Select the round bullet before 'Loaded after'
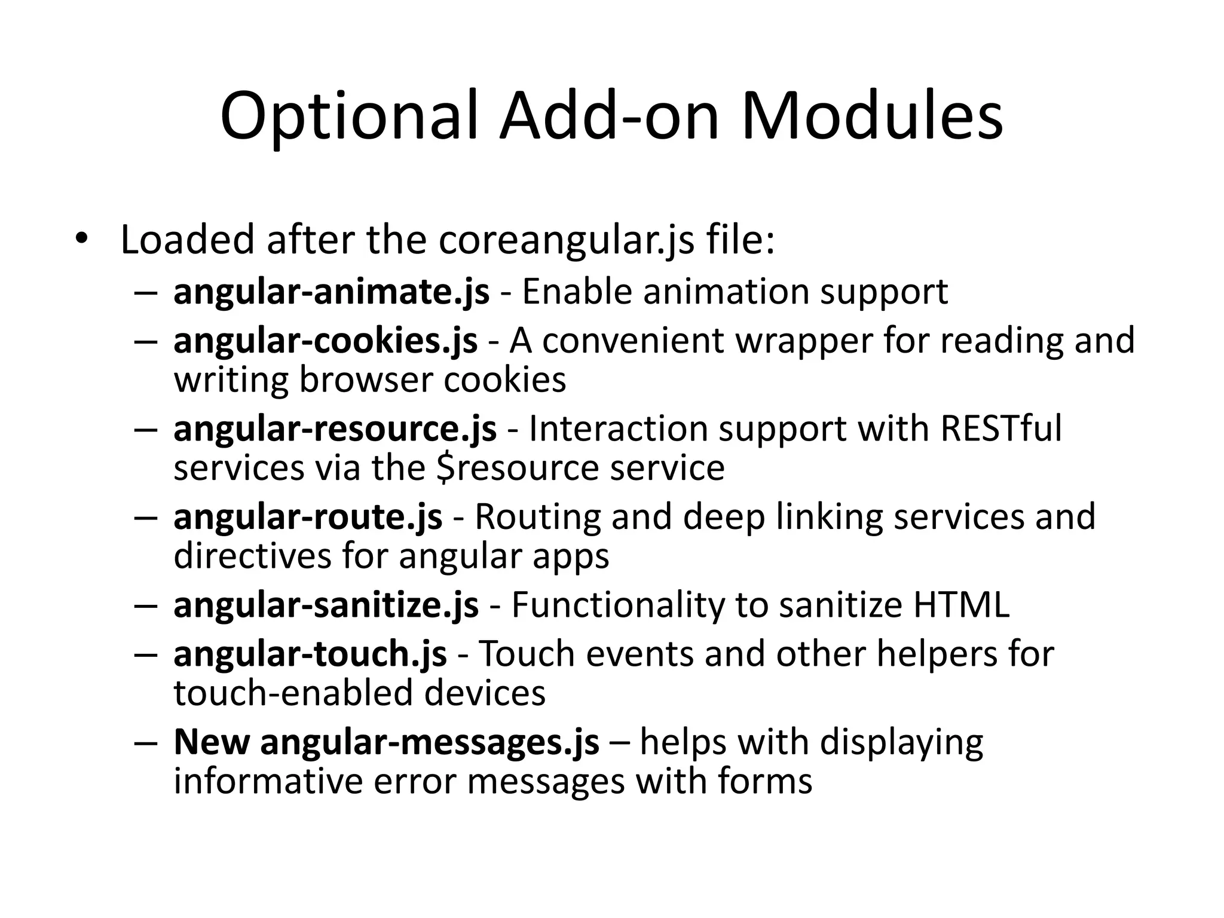coord(81,239)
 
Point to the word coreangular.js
coord(567,240)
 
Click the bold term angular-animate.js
coord(331,292)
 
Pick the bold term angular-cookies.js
coord(325,341)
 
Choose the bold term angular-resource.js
coord(335,429)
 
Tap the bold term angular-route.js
coord(308,517)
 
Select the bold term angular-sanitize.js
coord(326,605)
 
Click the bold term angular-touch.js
coord(310,654)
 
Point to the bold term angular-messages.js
coord(429,742)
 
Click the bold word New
coord(212,742)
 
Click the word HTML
coord(961,605)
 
